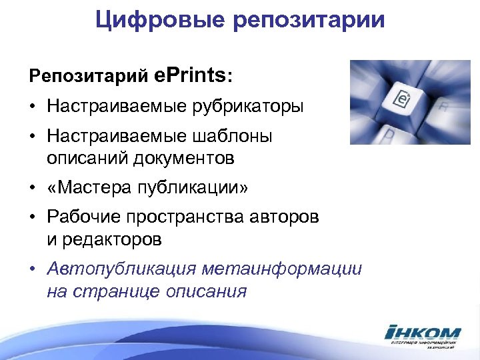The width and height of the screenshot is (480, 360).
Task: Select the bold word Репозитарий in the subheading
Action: click(88, 76)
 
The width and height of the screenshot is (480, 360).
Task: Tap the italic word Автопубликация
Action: click(122, 269)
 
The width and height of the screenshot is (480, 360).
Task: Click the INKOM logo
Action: click(423, 334)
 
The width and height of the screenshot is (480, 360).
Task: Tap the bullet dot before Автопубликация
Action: click(33, 269)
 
